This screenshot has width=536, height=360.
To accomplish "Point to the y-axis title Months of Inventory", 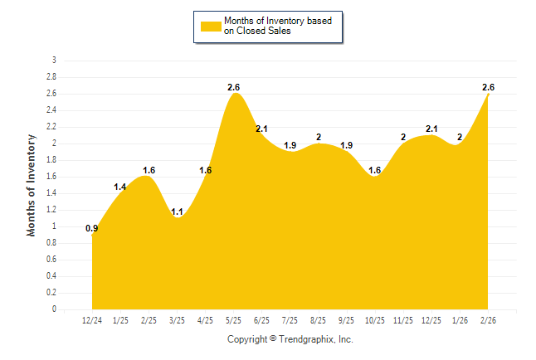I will (x=32, y=185).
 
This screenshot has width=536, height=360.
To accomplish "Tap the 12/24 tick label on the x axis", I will (x=92, y=320).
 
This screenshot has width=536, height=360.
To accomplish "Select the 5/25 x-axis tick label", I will (x=234, y=320).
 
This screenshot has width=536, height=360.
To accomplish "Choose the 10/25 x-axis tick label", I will (x=375, y=320).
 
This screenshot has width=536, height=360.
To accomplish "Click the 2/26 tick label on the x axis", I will (x=489, y=320).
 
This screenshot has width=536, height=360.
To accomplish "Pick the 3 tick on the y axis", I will (x=54, y=61).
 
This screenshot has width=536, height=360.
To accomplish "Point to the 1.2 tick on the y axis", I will (x=51, y=210).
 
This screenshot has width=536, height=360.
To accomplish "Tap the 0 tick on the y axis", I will (x=54, y=309).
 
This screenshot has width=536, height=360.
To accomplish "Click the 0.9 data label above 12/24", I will (x=92, y=228).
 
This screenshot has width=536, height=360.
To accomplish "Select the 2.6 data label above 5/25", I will (x=234, y=87).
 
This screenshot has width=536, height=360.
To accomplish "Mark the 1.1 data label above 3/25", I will (x=178, y=212).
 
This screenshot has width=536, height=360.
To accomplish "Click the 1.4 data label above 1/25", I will (x=120, y=187).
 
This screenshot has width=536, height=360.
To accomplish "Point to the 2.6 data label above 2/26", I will (x=488, y=87).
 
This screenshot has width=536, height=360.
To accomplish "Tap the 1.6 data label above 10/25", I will (x=375, y=170).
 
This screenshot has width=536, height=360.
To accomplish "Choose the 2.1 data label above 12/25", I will (x=432, y=129).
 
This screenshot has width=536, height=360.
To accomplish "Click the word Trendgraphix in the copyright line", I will (x=307, y=339).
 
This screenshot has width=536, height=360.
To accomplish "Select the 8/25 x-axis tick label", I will (x=319, y=320).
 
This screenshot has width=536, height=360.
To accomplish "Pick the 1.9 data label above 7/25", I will (x=290, y=145).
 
